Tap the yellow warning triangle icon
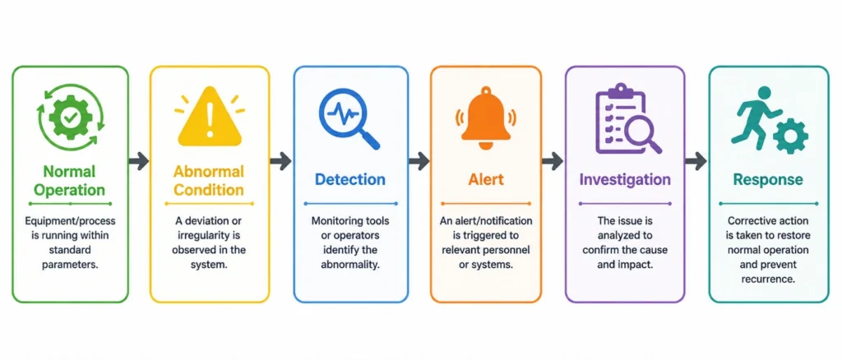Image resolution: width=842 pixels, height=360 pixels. [210, 122]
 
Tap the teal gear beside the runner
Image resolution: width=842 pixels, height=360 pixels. [791, 136]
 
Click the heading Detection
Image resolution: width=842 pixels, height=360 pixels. [350, 179]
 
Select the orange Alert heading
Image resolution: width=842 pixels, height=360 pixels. [485, 179]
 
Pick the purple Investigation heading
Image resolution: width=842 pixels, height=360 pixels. [625, 179]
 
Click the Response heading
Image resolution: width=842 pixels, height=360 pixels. [769, 180]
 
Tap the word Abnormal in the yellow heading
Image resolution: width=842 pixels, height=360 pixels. [208, 172]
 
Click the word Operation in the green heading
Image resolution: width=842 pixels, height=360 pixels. [70, 190]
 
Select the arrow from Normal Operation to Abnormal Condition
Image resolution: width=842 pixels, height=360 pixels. [138, 161]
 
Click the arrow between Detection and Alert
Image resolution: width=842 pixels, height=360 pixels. [419, 160]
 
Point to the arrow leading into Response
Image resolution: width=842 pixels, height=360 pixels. [696, 160]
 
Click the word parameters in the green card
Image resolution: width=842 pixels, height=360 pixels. [70, 265]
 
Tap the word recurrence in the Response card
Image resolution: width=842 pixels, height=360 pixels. [769, 279]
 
